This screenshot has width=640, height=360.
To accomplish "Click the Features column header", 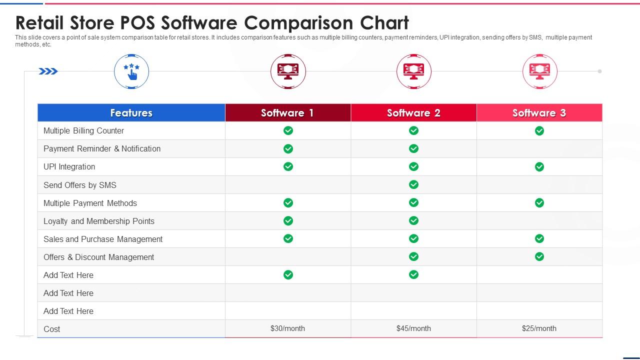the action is [131, 113].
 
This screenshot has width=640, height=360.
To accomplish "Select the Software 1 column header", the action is [288, 113].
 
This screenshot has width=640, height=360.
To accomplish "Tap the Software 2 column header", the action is [413, 113].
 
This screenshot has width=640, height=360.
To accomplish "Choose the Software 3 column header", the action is [539, 113].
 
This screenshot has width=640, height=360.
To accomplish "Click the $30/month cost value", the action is [287, 328].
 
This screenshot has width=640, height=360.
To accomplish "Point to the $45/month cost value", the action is [413, 328].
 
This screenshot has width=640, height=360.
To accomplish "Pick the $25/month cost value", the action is [539, 328].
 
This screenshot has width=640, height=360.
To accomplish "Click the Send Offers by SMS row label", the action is [80, 185].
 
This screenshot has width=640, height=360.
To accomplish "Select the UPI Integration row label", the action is [69, 167].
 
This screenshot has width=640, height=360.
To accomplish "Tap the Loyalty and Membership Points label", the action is [99, 221].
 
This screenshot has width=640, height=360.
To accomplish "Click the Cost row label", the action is [51, 329].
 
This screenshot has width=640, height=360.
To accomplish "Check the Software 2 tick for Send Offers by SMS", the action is [413, 184].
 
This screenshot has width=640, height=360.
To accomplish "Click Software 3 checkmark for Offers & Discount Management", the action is [539, 256].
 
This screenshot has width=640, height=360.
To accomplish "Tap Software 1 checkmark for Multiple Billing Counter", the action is [288, 130].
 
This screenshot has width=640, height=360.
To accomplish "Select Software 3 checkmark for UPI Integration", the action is [539, 166].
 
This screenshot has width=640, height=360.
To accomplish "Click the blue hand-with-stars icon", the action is [131, 71].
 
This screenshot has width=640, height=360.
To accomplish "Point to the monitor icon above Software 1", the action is [288, 71].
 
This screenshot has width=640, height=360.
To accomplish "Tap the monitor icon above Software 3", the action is [539, 71].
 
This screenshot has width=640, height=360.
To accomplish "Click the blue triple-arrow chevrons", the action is [48, 71].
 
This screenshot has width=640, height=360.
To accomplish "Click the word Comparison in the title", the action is [298, 23].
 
